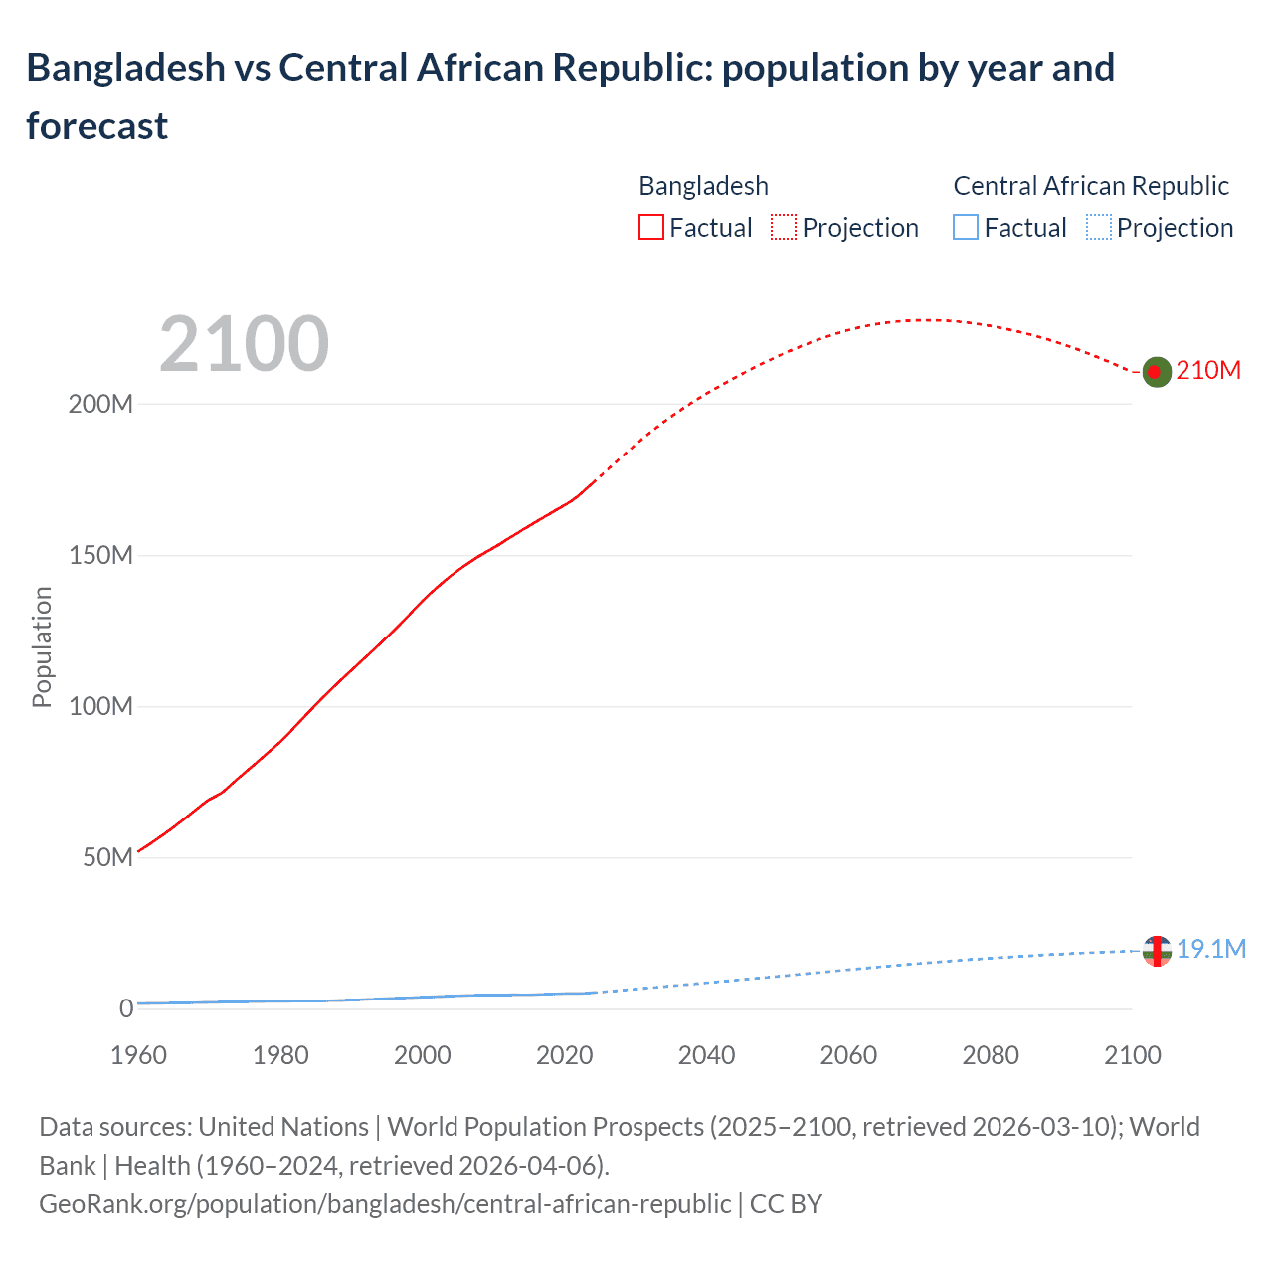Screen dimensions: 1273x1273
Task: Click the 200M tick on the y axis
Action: [100, 405]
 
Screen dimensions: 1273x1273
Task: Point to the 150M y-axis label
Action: [100, 556]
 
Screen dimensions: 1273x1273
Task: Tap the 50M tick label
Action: [107, 858]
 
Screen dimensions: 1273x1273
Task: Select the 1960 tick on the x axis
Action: [138, 1055]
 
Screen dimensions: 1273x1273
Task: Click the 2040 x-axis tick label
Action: [706, 1055]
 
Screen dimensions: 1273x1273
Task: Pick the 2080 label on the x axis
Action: [991, 1055]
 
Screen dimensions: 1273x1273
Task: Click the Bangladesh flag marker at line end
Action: [1156, 372]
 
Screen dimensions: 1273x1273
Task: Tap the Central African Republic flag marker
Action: [1157, 951]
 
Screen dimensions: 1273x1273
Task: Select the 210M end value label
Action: [1208, 371]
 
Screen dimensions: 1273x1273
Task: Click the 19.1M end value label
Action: [1211, 950]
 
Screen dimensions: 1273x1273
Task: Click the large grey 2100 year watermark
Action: [244, 344]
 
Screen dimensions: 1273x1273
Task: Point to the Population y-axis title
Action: [42, 646]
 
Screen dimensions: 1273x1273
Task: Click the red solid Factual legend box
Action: [650, 228]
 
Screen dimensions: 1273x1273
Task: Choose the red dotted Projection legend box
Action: [784, 228]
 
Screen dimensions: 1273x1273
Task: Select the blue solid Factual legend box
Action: [966, 228]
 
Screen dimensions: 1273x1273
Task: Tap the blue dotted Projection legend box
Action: [1099, 228]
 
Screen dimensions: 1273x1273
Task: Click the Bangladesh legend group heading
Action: [703, 186]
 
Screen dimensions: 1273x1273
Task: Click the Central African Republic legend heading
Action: [1091, 186]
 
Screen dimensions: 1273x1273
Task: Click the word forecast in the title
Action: [97, 126]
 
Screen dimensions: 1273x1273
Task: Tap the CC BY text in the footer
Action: [786, 1204]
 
